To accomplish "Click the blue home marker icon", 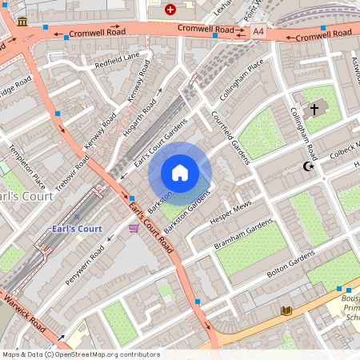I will coord(180,173).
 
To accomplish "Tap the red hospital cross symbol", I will coord(170,10).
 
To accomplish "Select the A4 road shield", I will coord(257,31).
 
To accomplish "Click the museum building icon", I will coord(22,21).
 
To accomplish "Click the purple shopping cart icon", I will coord(133,228).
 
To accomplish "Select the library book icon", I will coord(287,310).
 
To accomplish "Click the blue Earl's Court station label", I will coord(74,229).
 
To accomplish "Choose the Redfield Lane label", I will coord(117,60).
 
